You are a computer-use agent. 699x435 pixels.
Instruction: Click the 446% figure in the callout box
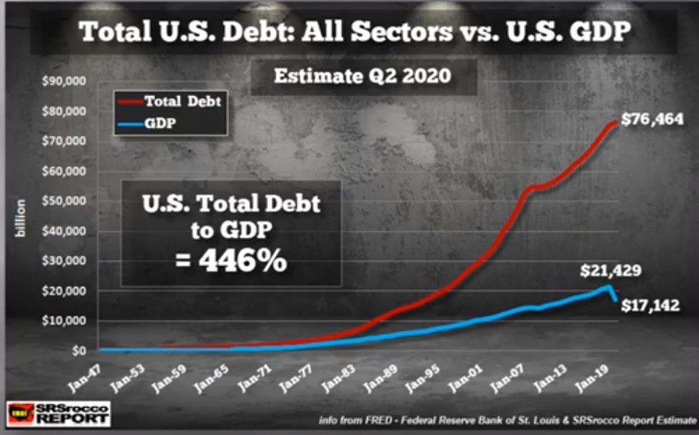point(231,261)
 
